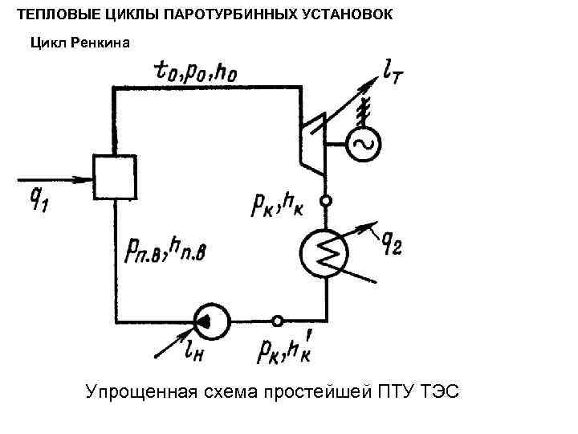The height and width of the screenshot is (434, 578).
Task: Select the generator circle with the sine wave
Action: pos(363,145)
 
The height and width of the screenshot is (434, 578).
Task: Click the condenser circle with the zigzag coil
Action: pos(326,252)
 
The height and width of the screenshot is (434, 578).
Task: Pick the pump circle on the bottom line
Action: pos(211,321)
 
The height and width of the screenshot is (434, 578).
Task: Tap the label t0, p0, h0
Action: pos(197,73)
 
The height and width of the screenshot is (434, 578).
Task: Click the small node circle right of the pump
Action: pos(278,321)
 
